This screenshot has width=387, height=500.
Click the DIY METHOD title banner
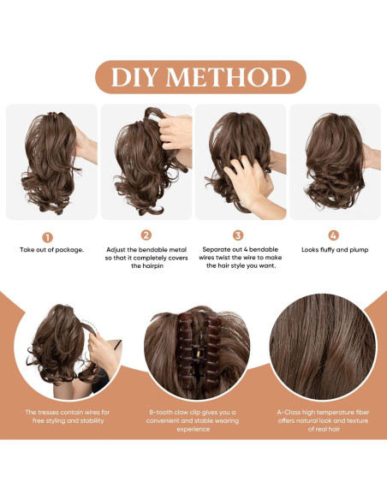(x=193, y=77)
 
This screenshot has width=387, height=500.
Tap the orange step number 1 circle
(x=48, y=235)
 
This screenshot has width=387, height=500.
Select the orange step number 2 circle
(x=146, y=235)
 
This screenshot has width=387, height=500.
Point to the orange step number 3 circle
(x=239, y=235)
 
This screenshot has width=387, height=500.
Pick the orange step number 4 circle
(x=333, y=235)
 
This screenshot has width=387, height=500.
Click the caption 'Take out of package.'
(x=52, y=249)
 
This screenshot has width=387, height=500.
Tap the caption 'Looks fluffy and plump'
(x=333, y=249)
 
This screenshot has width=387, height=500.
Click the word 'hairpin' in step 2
(x=146, y=266)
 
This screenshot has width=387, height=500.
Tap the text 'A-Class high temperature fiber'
(x=323, y=412)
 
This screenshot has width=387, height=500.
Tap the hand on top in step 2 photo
(x=176, y=128)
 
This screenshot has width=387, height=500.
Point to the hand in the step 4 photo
(x=370, y=157)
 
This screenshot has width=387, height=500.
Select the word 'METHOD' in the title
(x=229, y=77)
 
